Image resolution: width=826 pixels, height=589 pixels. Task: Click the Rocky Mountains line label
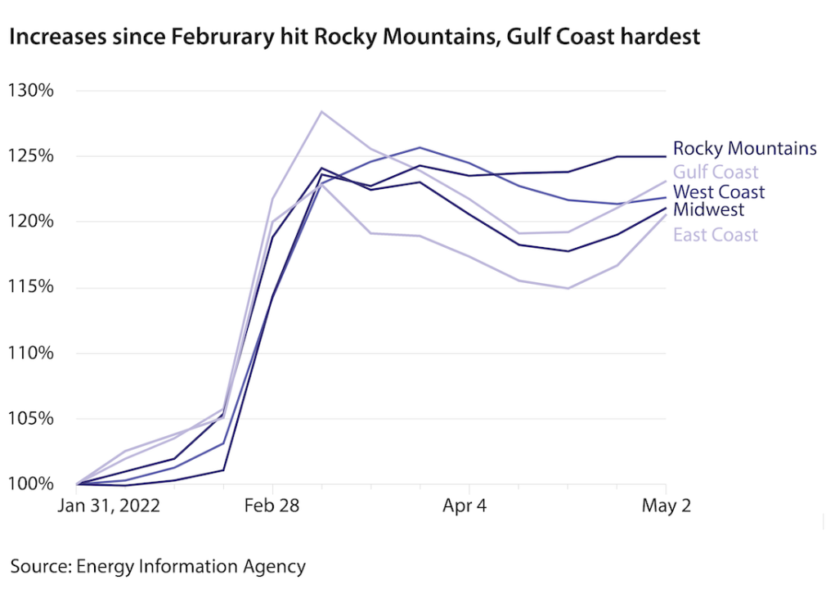pos(744,149)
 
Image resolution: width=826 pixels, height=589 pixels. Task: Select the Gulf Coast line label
pos(716,172)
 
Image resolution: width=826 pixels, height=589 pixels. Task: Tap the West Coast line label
pos(719,192)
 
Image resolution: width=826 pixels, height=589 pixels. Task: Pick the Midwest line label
pos(708,210)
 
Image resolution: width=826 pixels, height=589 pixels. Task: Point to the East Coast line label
pos(716,236)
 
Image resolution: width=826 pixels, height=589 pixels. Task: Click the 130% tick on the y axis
pos(31,90)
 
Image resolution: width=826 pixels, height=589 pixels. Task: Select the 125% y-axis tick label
pos(31,155)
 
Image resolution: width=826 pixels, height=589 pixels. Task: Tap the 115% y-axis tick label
pos(31,287)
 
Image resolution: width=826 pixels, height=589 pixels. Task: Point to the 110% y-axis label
pos(31,353)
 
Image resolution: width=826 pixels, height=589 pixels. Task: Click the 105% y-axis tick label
pos(31,418)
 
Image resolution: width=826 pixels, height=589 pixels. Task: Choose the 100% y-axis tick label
pos(31,484)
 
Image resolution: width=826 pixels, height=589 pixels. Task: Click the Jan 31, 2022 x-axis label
pos(108,506)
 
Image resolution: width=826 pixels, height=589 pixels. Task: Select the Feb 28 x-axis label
pos(272,506)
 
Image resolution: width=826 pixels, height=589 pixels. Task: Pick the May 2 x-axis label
pos(666,506)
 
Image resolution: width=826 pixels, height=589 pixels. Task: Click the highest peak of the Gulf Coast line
pos(321,111)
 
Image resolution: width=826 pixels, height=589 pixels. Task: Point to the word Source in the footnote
pos(39,566)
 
